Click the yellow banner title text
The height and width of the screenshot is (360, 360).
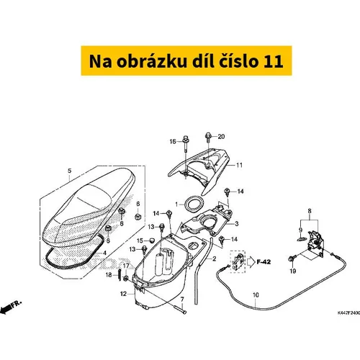186,61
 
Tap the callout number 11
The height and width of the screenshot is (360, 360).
239,165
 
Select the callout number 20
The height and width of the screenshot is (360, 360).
221,137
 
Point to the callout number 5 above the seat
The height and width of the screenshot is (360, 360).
70,171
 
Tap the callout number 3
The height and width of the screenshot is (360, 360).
237,224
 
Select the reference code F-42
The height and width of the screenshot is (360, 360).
264,262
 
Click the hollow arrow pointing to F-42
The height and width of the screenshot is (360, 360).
251,262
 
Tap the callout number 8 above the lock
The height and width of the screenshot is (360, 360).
310,211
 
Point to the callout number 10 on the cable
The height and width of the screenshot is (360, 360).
256,294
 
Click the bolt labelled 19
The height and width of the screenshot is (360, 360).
292,258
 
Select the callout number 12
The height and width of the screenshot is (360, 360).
123,294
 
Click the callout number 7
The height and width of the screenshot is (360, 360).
182,300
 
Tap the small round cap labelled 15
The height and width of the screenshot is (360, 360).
152,240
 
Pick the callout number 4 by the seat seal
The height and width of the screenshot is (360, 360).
104,253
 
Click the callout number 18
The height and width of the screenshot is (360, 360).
109,275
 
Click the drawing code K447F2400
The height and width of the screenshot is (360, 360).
348,313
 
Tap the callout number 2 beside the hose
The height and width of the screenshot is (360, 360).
215,258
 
